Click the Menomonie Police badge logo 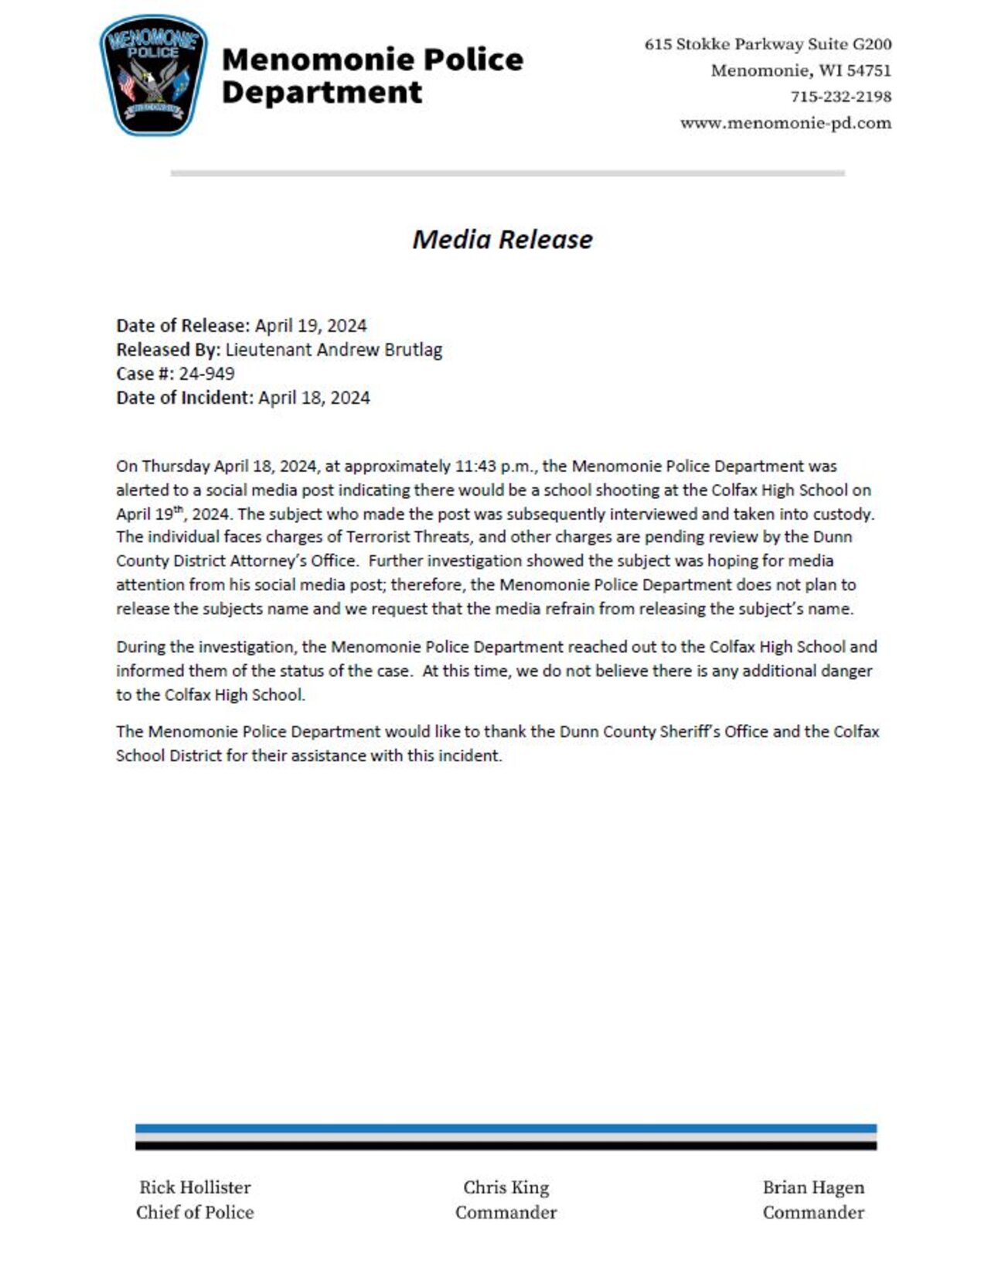(x=153, y=76)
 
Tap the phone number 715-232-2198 (x=840, y=97)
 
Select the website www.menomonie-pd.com (x=785, y=123)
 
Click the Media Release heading (x=502, y=239)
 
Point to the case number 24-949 (x=206, y=374)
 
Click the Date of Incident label (x=185, y=398)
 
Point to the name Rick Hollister (x=195, y=1187)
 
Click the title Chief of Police (x=195, y=1212)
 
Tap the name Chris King (x=506, y=1187)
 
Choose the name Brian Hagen (x=813, y=1187)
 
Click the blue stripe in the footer (x=506, y=1128)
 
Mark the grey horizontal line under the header (x=507, y=173)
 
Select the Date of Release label (x=183, y=326)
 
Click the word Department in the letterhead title (x=322, y=93)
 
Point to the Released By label (x=169, y=350)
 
